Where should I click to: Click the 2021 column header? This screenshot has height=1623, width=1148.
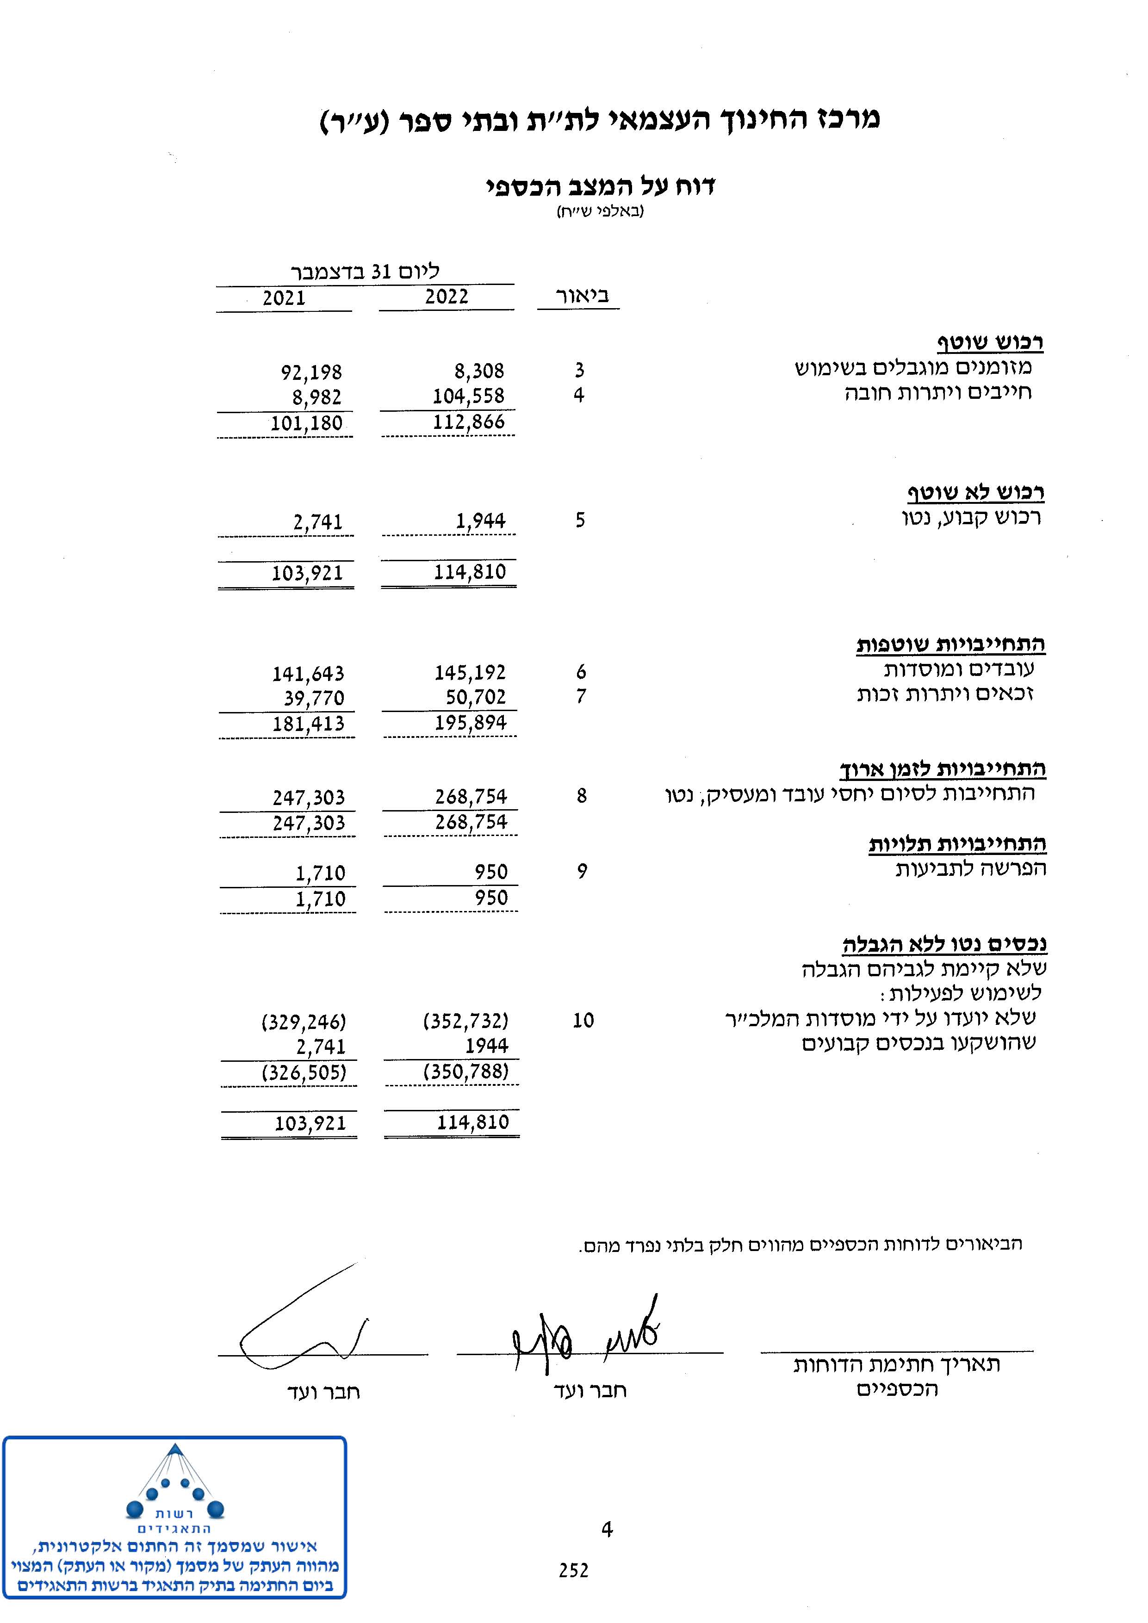[284, 297]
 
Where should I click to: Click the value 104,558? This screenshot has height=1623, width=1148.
[469, 396]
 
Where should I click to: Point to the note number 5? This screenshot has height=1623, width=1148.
[580, 520]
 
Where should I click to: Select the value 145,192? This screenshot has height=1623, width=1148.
[470, 672]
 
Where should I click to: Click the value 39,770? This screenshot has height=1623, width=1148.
[314, 699]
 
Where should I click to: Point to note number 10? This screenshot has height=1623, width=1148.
[583, 1020]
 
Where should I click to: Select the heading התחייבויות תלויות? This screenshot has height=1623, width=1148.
[957, 843]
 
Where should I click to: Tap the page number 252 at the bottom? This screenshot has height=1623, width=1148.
[573, 1570]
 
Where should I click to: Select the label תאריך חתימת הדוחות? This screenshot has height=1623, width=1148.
[896, 1364]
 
